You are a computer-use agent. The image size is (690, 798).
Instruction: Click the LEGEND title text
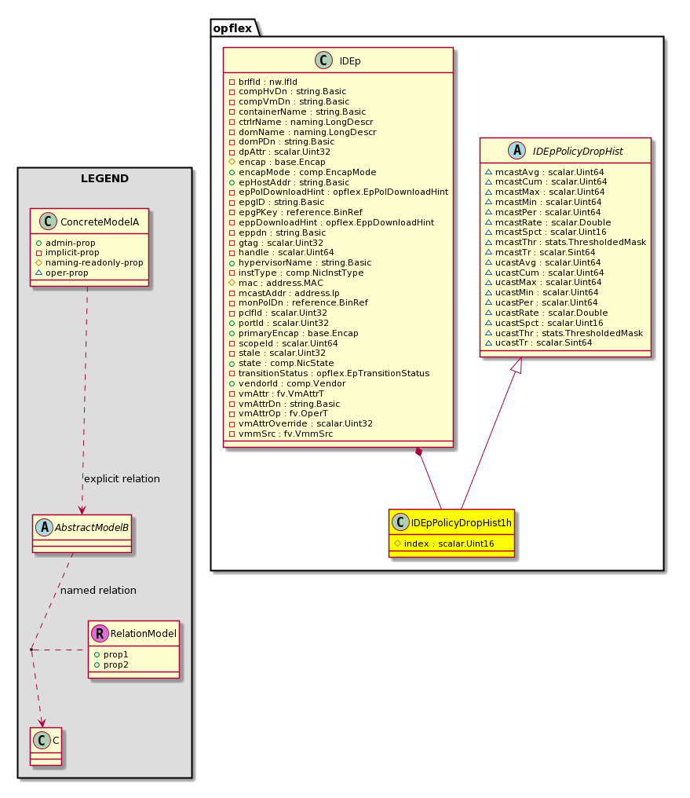pyautogui.click(x=104, y=178)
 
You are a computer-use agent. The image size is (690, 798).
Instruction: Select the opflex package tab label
pyautogui.click(x=232, y=28)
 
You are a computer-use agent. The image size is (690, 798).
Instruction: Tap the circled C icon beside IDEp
pyautogui.click(x=323, y=60)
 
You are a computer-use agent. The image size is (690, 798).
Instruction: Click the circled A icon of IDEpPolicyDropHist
pyautogui.click(x=517, y=151)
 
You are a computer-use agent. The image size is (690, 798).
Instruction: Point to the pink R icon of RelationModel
pyautogui.click(x=100, y=633)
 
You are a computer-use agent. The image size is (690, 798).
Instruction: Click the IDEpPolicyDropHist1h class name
pyautogui.click(x=462, y=523)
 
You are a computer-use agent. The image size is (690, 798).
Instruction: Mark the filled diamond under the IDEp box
pyautogui.click(x=419, y=452)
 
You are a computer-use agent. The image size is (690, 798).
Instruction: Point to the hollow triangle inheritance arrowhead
pyautogui.click(x=517, y=364)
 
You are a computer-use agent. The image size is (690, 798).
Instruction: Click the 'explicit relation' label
pyautogui.click(x=122, y=479)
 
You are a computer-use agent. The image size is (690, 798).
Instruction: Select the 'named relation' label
pyautogui.click(x=99, y=591)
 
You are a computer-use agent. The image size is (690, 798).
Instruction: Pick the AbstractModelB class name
pyautogui.click(x=92, y=528)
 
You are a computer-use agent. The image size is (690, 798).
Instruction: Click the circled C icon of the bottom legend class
pyautogui.click(x=42, y=741)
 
